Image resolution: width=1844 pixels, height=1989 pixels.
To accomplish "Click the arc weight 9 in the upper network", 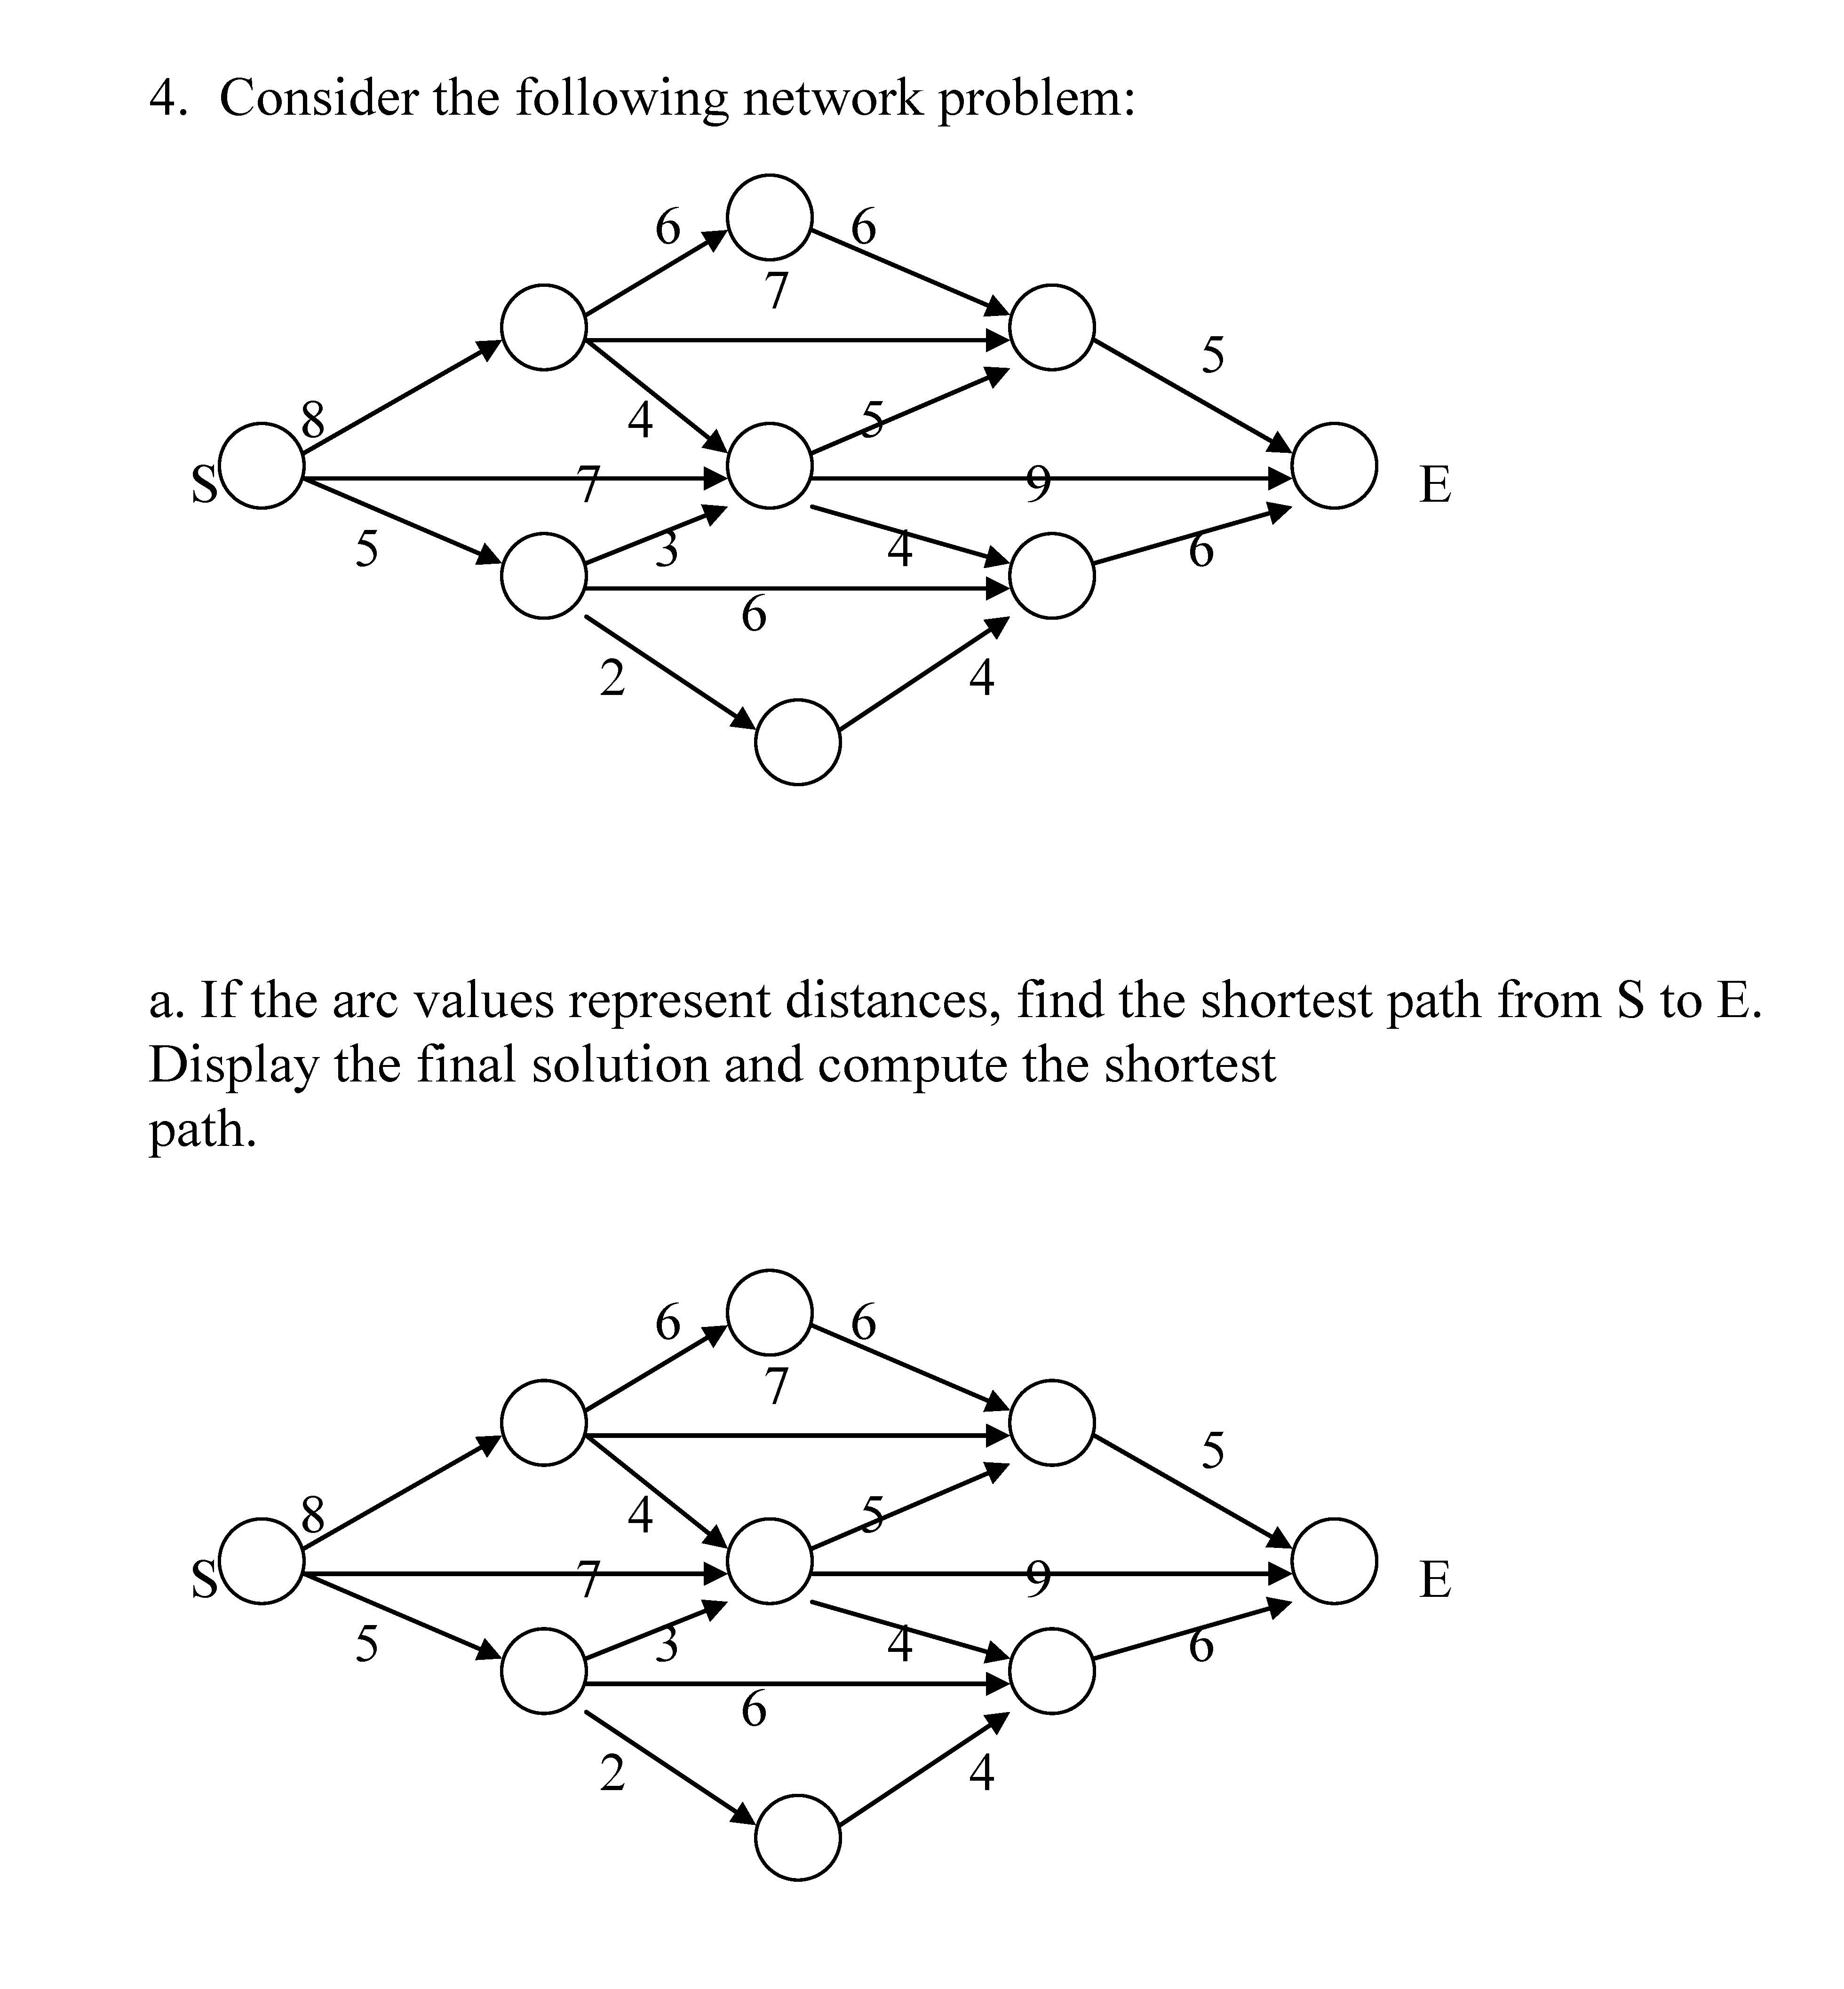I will [x=1038, y=483].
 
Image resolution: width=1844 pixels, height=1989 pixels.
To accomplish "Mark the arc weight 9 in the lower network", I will [x=1038, y=1578].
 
